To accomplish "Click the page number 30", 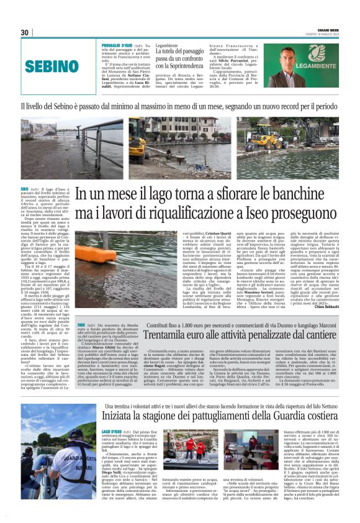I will point(25,32).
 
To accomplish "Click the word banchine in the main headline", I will point(302,194).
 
